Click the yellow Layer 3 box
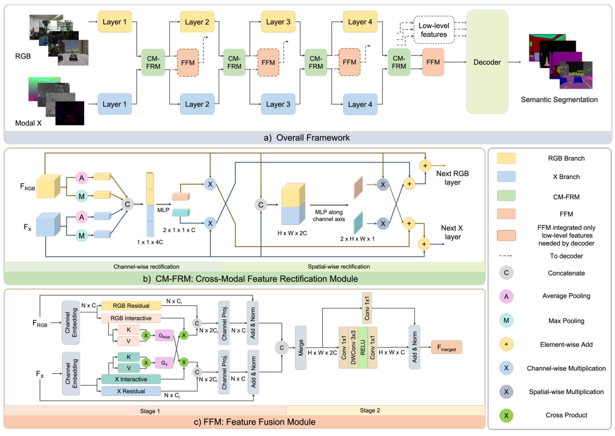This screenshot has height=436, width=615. [x=278, y=22]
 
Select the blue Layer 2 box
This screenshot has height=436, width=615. [x=197, y=104]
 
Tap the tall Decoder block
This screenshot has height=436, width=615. [x=486, y=62]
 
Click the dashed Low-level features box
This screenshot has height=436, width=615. [x=433, y=30]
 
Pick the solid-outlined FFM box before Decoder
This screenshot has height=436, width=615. [x=433, y=62]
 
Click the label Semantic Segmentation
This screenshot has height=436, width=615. [x=559, y=100]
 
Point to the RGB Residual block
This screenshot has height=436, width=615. [x=131, y=306]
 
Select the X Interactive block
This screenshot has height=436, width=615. [x=131, y=379]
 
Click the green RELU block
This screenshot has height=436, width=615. [x=362, y=347]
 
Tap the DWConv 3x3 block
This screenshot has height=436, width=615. [x=353, y=347]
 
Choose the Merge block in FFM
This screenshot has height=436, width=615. [x=301, y=347]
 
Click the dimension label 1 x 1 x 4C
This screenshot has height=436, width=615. [x=150, y=242]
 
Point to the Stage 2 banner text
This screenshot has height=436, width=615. [x=370, y=410]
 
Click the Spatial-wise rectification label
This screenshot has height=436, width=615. [x=339, y=267]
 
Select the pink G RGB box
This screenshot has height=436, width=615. [x=164, y=336]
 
